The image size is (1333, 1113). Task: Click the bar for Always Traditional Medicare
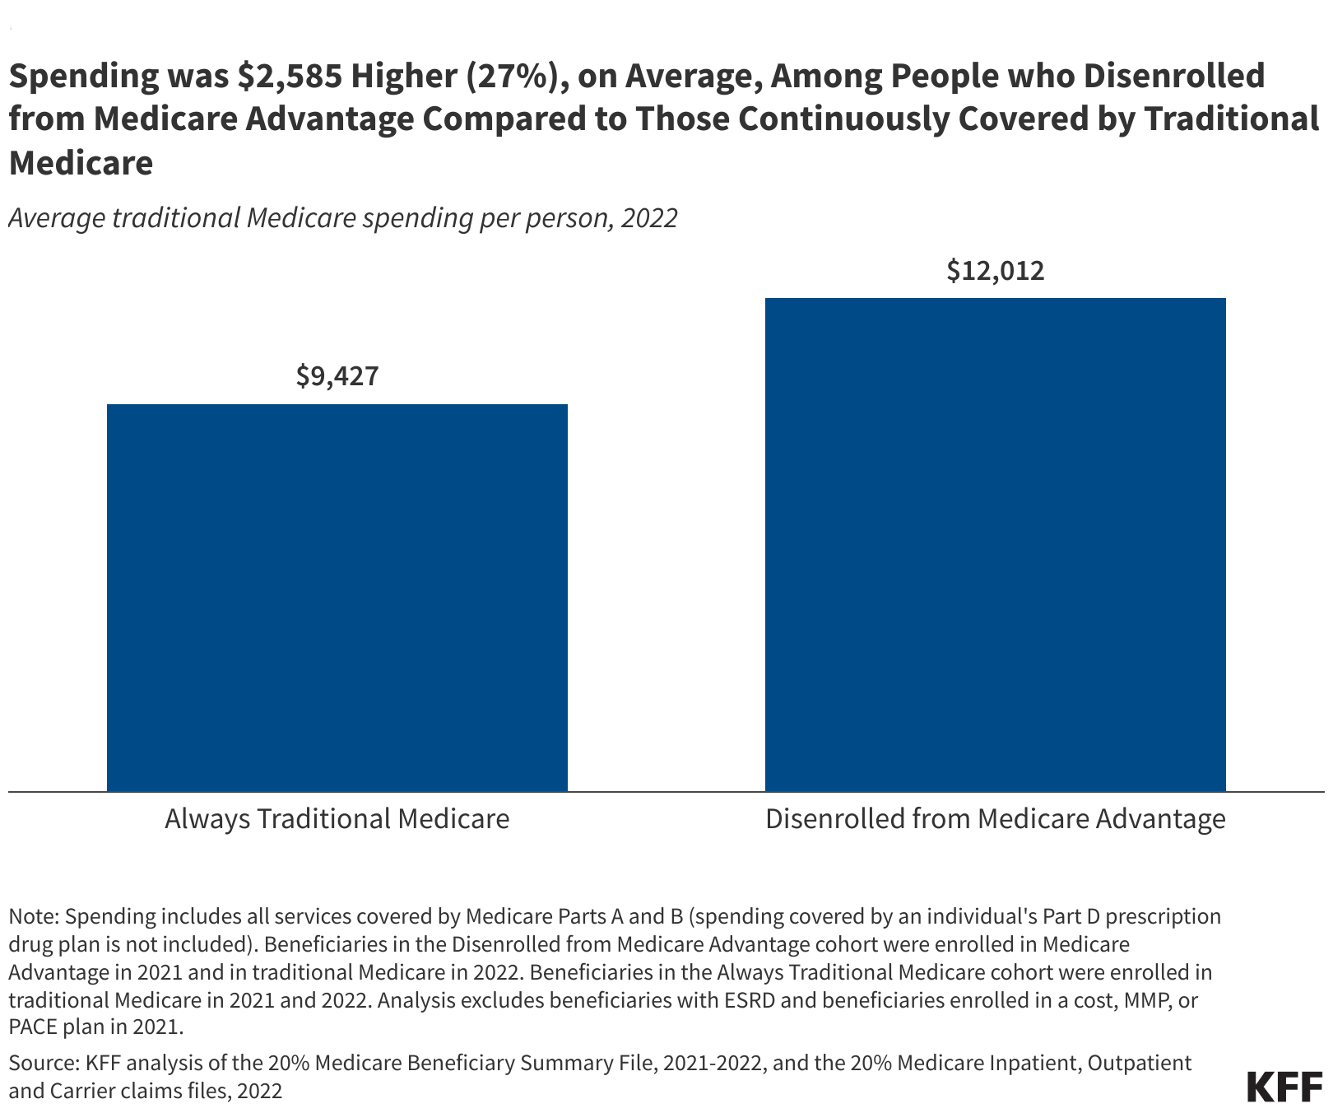coord(337,598)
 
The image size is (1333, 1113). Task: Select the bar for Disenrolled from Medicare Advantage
coord(995,544)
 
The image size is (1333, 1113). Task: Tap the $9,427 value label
coord(337,376)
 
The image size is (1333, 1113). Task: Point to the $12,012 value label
coord(995,271)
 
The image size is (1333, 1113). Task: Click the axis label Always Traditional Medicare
coord(337,819)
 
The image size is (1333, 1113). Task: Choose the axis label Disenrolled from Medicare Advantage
coord(995,819)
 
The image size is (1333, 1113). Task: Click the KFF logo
coord(1284,1087)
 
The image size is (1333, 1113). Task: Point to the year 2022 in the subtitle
coord(649,218)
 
